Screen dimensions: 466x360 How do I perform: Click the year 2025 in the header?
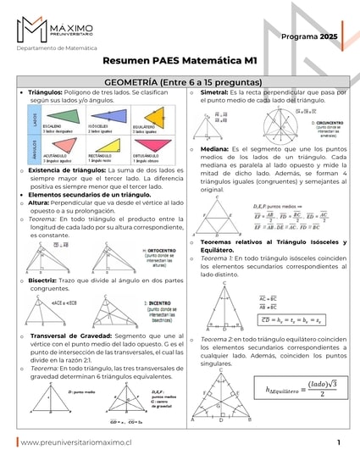(327, 38)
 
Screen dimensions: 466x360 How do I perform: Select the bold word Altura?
(43, 203)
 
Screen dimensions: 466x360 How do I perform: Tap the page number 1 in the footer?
(338, 442)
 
